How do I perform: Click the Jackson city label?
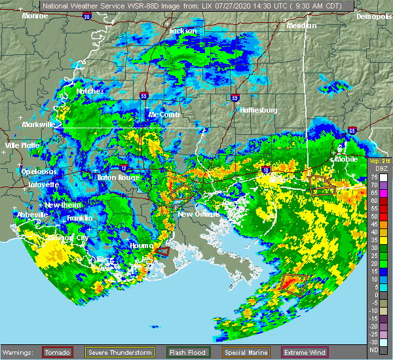183,31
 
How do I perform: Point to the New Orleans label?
194,214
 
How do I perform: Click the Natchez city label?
90,91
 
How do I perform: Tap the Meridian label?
301,26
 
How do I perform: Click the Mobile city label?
347,159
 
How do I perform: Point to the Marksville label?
38,124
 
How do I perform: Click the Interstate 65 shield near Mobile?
352,130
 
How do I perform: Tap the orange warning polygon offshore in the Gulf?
293,283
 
